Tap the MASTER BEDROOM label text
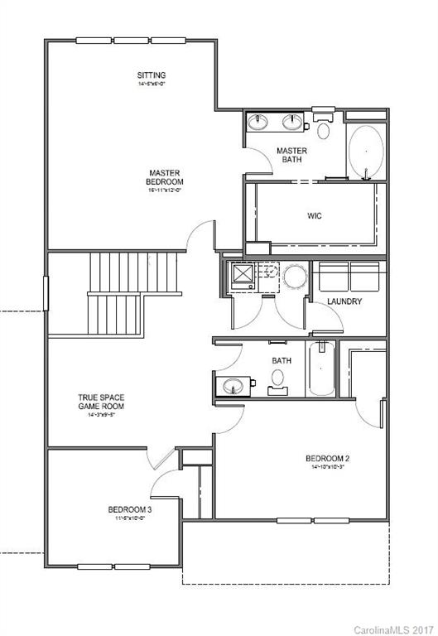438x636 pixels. coord(166,177)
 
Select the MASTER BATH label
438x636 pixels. coord(291,155)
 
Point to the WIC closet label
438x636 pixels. coord(315,215)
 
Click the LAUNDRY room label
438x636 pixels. coord(344,301)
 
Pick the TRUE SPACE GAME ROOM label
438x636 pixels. coord(101,402)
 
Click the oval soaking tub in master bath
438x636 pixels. coord(365,152)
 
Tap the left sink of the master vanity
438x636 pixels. coord(259,123)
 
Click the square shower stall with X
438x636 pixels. coord(243,275)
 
